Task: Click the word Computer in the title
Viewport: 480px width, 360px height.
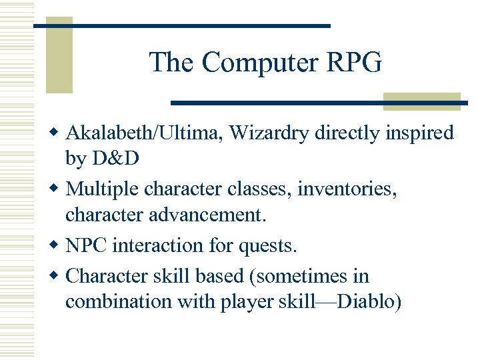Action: pos(261,63)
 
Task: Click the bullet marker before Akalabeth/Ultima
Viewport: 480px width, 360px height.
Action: pos(56,133)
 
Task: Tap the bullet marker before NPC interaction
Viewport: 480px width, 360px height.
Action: pos(56,246)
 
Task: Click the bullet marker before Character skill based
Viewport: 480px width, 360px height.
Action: pos(56,275)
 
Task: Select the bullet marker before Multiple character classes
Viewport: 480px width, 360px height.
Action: pos(56,190)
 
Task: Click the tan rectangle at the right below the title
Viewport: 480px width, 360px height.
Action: pos(422,101)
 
